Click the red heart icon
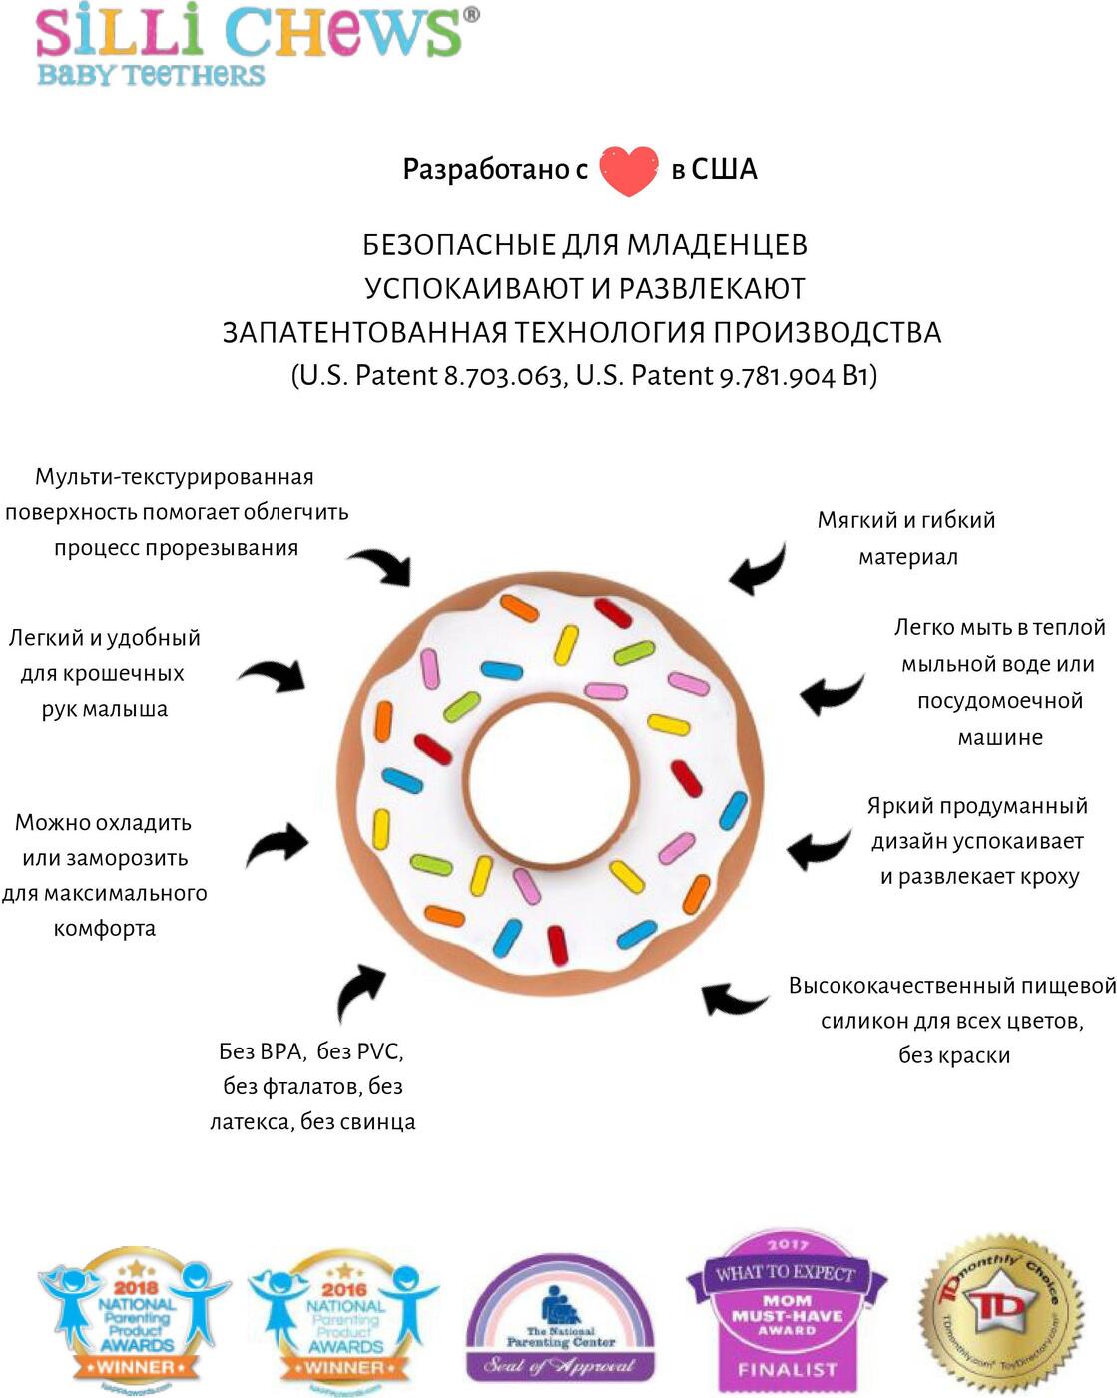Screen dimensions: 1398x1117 click(x=629, y=170)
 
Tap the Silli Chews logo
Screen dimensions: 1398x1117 click(x=250, y=45)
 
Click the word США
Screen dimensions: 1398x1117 click(x=724, y=169)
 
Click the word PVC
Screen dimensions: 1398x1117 click(x=378, y=1051)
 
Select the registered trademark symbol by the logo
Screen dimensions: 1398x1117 click(x=471, y=15)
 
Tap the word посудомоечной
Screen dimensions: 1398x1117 click(x=1000, y=701)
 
